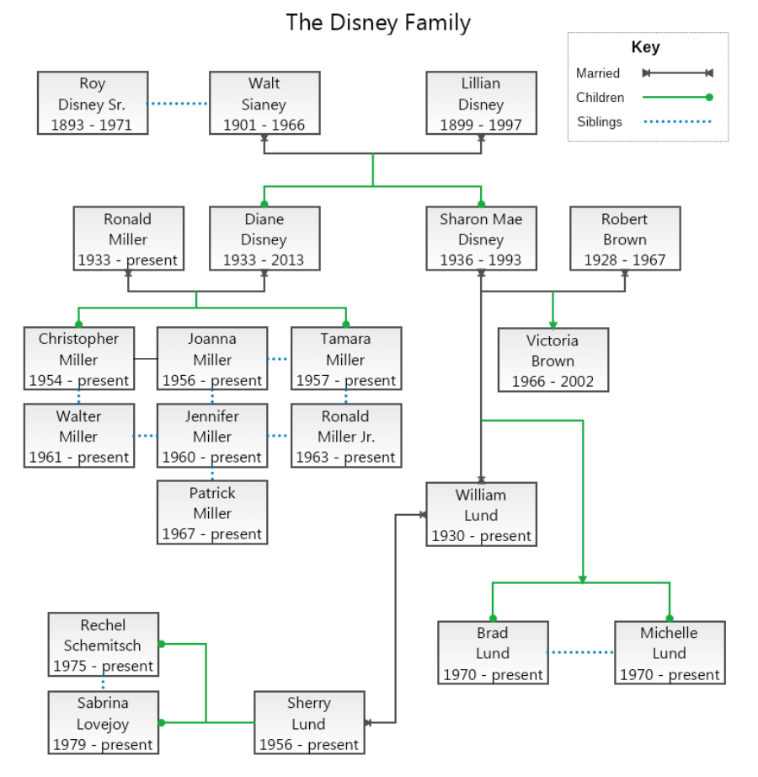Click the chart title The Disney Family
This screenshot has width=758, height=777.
pos(378,22)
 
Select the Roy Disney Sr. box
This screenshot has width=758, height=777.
pos(93,103)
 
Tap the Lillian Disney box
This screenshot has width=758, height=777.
pos(481,103)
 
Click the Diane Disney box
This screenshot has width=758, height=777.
pos(264,238)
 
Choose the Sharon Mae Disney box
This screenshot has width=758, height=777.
pos(481,238)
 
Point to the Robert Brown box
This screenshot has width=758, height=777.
pos(624,238)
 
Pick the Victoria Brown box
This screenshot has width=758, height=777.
pos(552,360)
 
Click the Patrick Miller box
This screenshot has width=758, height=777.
pos(212,512)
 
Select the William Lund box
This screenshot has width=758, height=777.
pos(481,514)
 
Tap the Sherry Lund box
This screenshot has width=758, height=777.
pos(309,723)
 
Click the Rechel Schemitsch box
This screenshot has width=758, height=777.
pos(104,645)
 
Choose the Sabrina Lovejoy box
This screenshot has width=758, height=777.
pos(104,723)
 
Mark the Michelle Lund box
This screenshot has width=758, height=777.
pos(669,652)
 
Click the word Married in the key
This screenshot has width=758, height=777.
pos(598,73)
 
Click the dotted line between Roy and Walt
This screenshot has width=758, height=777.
pos(179,104)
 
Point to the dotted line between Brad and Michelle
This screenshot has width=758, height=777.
pos(580,652)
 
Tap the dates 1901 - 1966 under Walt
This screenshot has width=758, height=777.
pos(264,125)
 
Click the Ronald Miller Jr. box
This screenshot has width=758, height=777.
pos(345,436)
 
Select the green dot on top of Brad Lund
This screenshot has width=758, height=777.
pos(493,618)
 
